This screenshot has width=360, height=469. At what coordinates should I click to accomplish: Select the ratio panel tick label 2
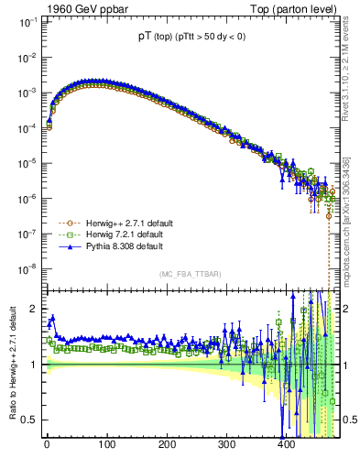[33, 309]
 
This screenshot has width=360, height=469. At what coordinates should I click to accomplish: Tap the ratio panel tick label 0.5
[29, 420]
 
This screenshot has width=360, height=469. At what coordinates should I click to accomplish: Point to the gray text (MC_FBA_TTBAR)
[189, 275]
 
